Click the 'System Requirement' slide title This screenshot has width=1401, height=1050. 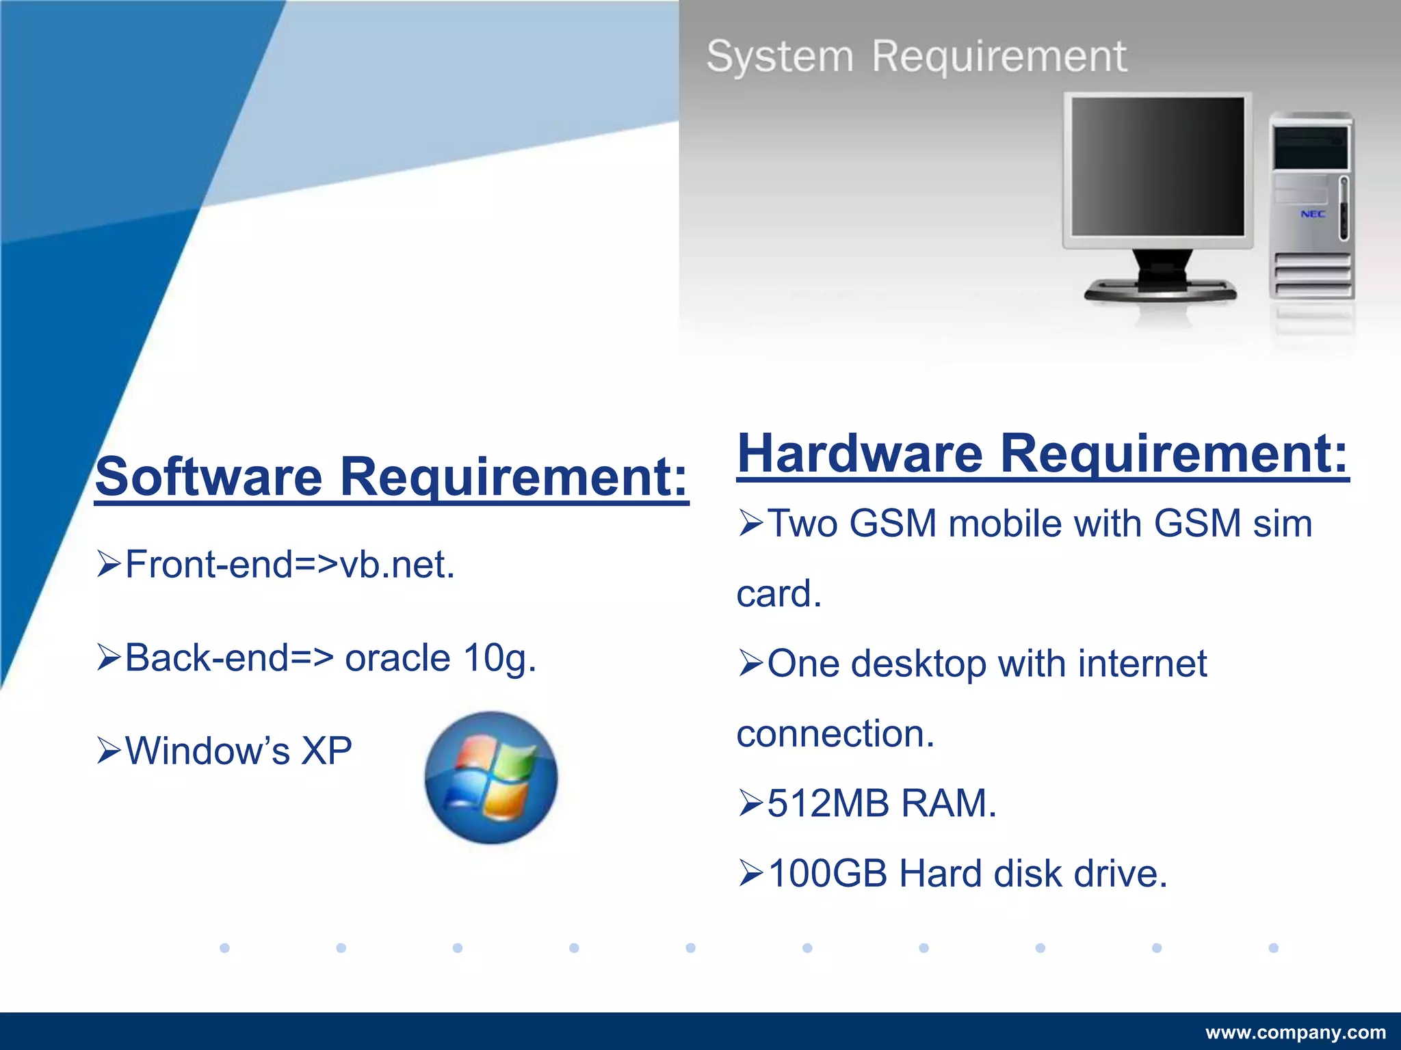pyautogui.click(x=917, y=56)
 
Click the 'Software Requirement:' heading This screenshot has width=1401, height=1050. pyautogui.click(x=391, y=476)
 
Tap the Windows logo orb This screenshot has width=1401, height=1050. pyautogui.click(x=491, y=777)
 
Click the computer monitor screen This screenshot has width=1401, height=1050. pyautogui.click(x=1157, y=166)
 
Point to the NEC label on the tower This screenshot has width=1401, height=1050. pyautogui.click(x=1313, y=214)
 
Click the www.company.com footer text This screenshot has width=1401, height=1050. pyautogui.click(x=1296, y=1032)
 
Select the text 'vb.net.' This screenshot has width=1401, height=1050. pyautogui.click(x=397, y=565)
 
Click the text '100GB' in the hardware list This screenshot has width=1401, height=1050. pyautogui.click(x=828, y=874)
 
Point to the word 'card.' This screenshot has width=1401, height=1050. pyautogui.click(x=778, y=594)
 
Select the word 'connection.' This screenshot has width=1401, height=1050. pyautogui.click(x=835, y=734)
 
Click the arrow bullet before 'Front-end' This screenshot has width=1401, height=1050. pyautogui.click(x=109, y=565)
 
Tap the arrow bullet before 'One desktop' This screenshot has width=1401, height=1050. pyautogui.click(x=750, y=664)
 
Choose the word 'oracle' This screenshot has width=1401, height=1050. pyautogui.click(x=397, y=658)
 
